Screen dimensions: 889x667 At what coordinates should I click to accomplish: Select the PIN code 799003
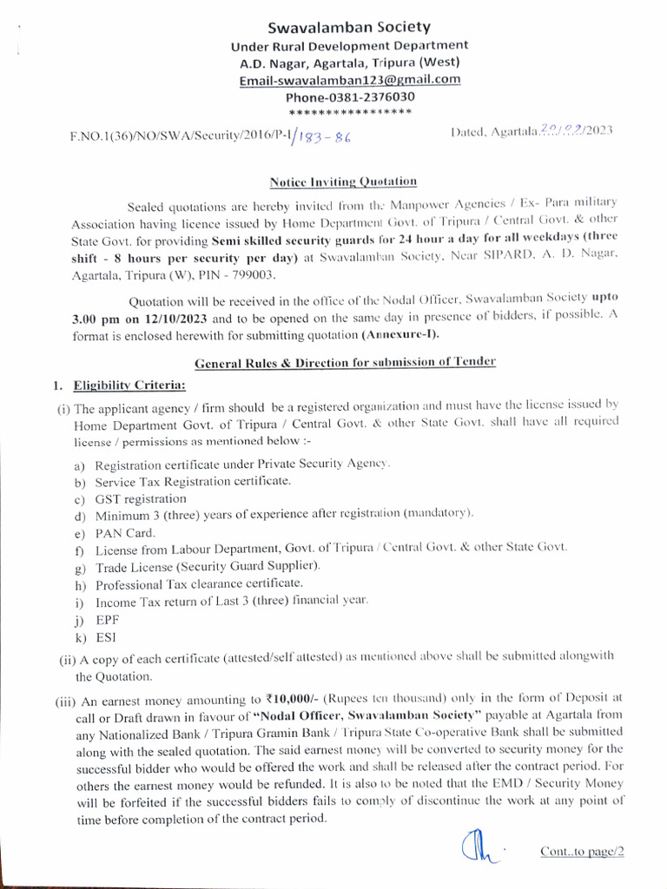click(253, 274)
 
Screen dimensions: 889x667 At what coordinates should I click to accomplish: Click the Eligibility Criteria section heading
click(129, 383)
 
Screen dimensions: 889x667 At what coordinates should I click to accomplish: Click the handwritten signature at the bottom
click(474, 845)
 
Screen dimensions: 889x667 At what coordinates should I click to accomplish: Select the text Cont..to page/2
click(582, 852)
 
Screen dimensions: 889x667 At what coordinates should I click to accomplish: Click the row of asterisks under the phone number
click(349, 113)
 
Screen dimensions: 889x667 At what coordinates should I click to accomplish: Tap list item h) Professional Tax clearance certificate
click(199, 583)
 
